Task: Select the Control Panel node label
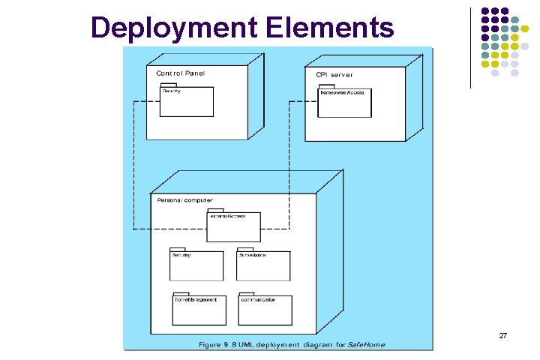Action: point(180,73)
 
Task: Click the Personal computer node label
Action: point(184,199)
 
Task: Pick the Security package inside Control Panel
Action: point(187,103)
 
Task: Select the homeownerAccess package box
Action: point(344,103)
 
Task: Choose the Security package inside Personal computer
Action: point(196,266)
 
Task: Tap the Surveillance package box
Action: point(263,266)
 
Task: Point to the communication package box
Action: point(265,310)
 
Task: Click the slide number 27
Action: point(502,336)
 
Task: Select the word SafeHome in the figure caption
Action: point(367,344)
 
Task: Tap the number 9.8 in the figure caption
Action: point(231,344)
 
